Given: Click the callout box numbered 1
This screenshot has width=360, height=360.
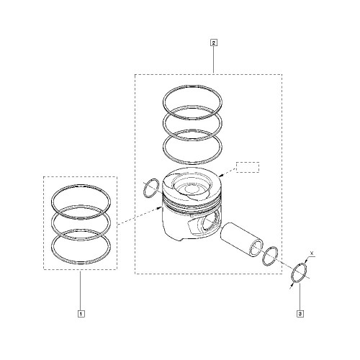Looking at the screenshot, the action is click(x=81, y=314).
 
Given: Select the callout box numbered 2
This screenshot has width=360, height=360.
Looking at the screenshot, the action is click(x=214, y=42).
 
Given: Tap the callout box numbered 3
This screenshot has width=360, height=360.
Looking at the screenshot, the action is click(x=300, y=314).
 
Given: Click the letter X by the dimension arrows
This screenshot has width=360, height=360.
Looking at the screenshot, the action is click(x=312, y=253).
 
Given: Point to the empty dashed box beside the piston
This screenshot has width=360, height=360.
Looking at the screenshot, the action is click(x=248, y=167).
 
